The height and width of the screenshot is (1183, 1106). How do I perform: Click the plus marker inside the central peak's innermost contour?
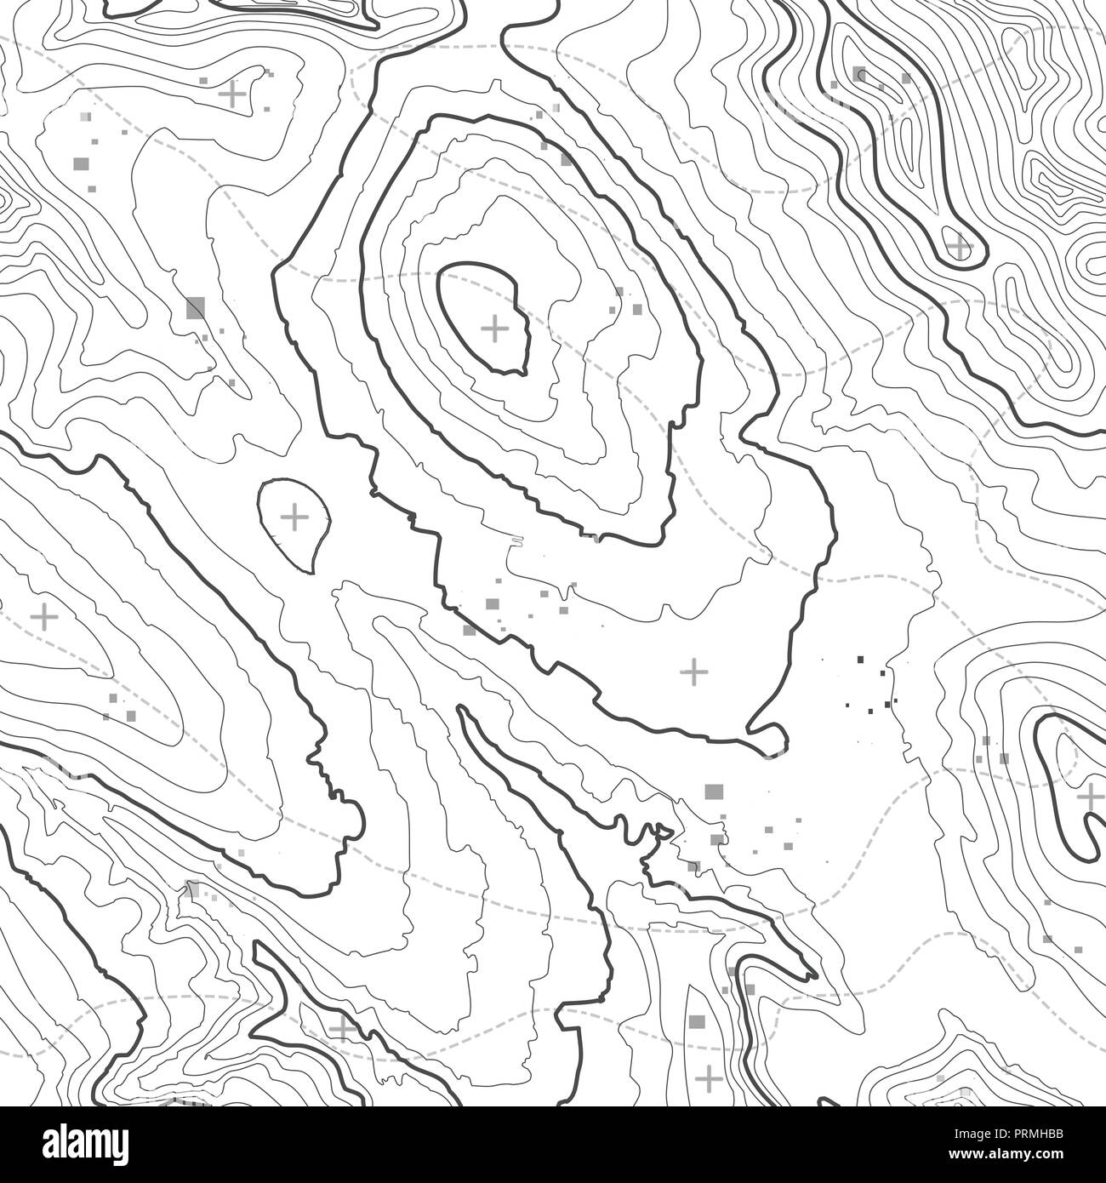[x=494, y=328]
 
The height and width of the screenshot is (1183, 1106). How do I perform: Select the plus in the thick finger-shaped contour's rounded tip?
[x=960, y=248]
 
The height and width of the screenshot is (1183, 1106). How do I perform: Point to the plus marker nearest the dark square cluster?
[x=695, y=672]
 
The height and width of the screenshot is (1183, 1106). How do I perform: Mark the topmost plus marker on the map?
[x=231, y=93]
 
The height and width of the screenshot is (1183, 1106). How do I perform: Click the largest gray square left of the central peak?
[x=196, y=306]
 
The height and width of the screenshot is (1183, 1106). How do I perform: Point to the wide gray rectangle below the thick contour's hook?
[x=713, y=792]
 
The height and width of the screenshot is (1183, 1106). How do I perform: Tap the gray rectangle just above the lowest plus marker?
[x=697, y=1021]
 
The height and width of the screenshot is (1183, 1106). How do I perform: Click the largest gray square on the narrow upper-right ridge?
[x=859, y=74]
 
